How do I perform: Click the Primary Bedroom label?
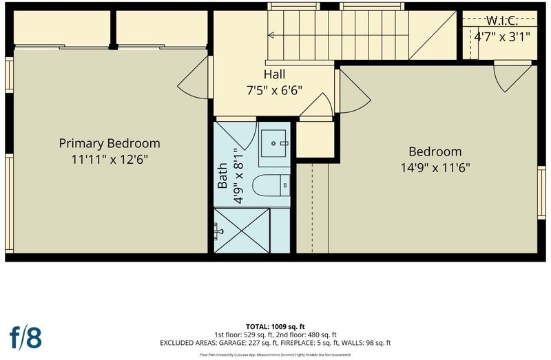(x=110, y=143)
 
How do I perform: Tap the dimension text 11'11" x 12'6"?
(x=110, y=159)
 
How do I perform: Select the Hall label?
(x=274, y=74)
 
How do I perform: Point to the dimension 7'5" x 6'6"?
(x=274, y=90)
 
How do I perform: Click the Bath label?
(x=222, y=176)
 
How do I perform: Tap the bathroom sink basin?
(x=273, y=143)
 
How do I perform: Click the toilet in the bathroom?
(x=271, y=185)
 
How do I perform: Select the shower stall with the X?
(x=242, y=231)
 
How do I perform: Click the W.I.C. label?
(x=502, y=21)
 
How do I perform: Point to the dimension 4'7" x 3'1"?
(x=502, y=36)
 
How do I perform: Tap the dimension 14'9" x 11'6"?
(x=435, y=167)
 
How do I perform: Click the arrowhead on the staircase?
(x=271, y=35)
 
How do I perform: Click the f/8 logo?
(x=25, y=337)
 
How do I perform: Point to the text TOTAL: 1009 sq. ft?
(x=275, y=327)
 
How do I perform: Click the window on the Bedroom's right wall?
(x=541, y=193)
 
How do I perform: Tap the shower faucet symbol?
(x=218, y=231)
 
